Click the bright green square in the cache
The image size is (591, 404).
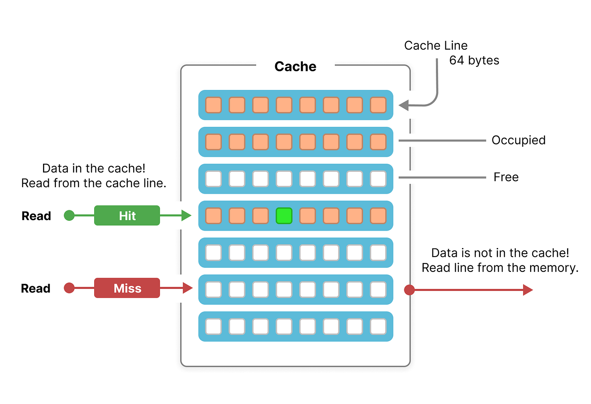click(284, 216)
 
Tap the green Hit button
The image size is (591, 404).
click(127, 216)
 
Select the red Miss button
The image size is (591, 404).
click(127, 288)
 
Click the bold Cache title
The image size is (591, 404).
click(295, 66)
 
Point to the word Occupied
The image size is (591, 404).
click(518, 140)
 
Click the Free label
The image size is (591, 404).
click(506, 177)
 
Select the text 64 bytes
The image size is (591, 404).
click(474, 60)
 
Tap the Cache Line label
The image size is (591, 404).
click(436, 45)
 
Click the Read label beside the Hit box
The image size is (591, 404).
click(36, 216)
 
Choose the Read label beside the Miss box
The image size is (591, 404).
click(36, 289)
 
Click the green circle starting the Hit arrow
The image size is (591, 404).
click(69, 216)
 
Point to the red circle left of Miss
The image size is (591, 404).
click(69, 288)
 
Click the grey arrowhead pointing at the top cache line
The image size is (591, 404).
click(403, 105)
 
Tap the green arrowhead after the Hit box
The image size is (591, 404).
click(186, 216)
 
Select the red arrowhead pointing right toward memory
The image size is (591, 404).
click(528, 290)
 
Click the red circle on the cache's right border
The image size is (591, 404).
click(410, 290)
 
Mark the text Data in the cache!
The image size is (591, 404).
click(94, 169)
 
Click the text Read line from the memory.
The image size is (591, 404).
click(500, 268)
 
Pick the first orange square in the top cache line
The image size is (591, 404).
click(213, 105)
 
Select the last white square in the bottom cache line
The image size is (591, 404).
click(378, 327)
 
